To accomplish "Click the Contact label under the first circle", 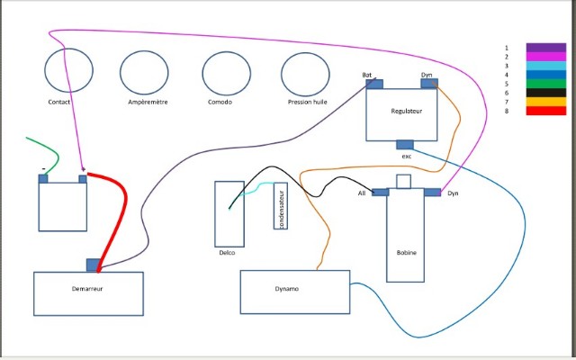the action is [x=59, y=102].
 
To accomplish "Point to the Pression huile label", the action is [x=308, y=102].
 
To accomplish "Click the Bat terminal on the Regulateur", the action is [x=374, y=84].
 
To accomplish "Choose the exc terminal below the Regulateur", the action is [x=405, y=145].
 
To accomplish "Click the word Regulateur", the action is [x=406, y=111].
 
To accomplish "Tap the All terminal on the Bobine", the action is [x=380, y=192].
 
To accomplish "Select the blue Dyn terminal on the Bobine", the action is [x=432, y=192].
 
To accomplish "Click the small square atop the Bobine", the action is [x=403, y=182].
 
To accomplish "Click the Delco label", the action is [x=227, y=253].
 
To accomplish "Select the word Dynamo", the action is [x=286, y=289].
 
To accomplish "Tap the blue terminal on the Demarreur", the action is [x=94, y=265].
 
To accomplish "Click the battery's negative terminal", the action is [x=43, y=179].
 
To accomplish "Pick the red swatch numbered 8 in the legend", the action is [x=546, y=111].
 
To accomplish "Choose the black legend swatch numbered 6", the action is [x=546, y=93].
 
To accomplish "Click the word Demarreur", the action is [x=87, y=289].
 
